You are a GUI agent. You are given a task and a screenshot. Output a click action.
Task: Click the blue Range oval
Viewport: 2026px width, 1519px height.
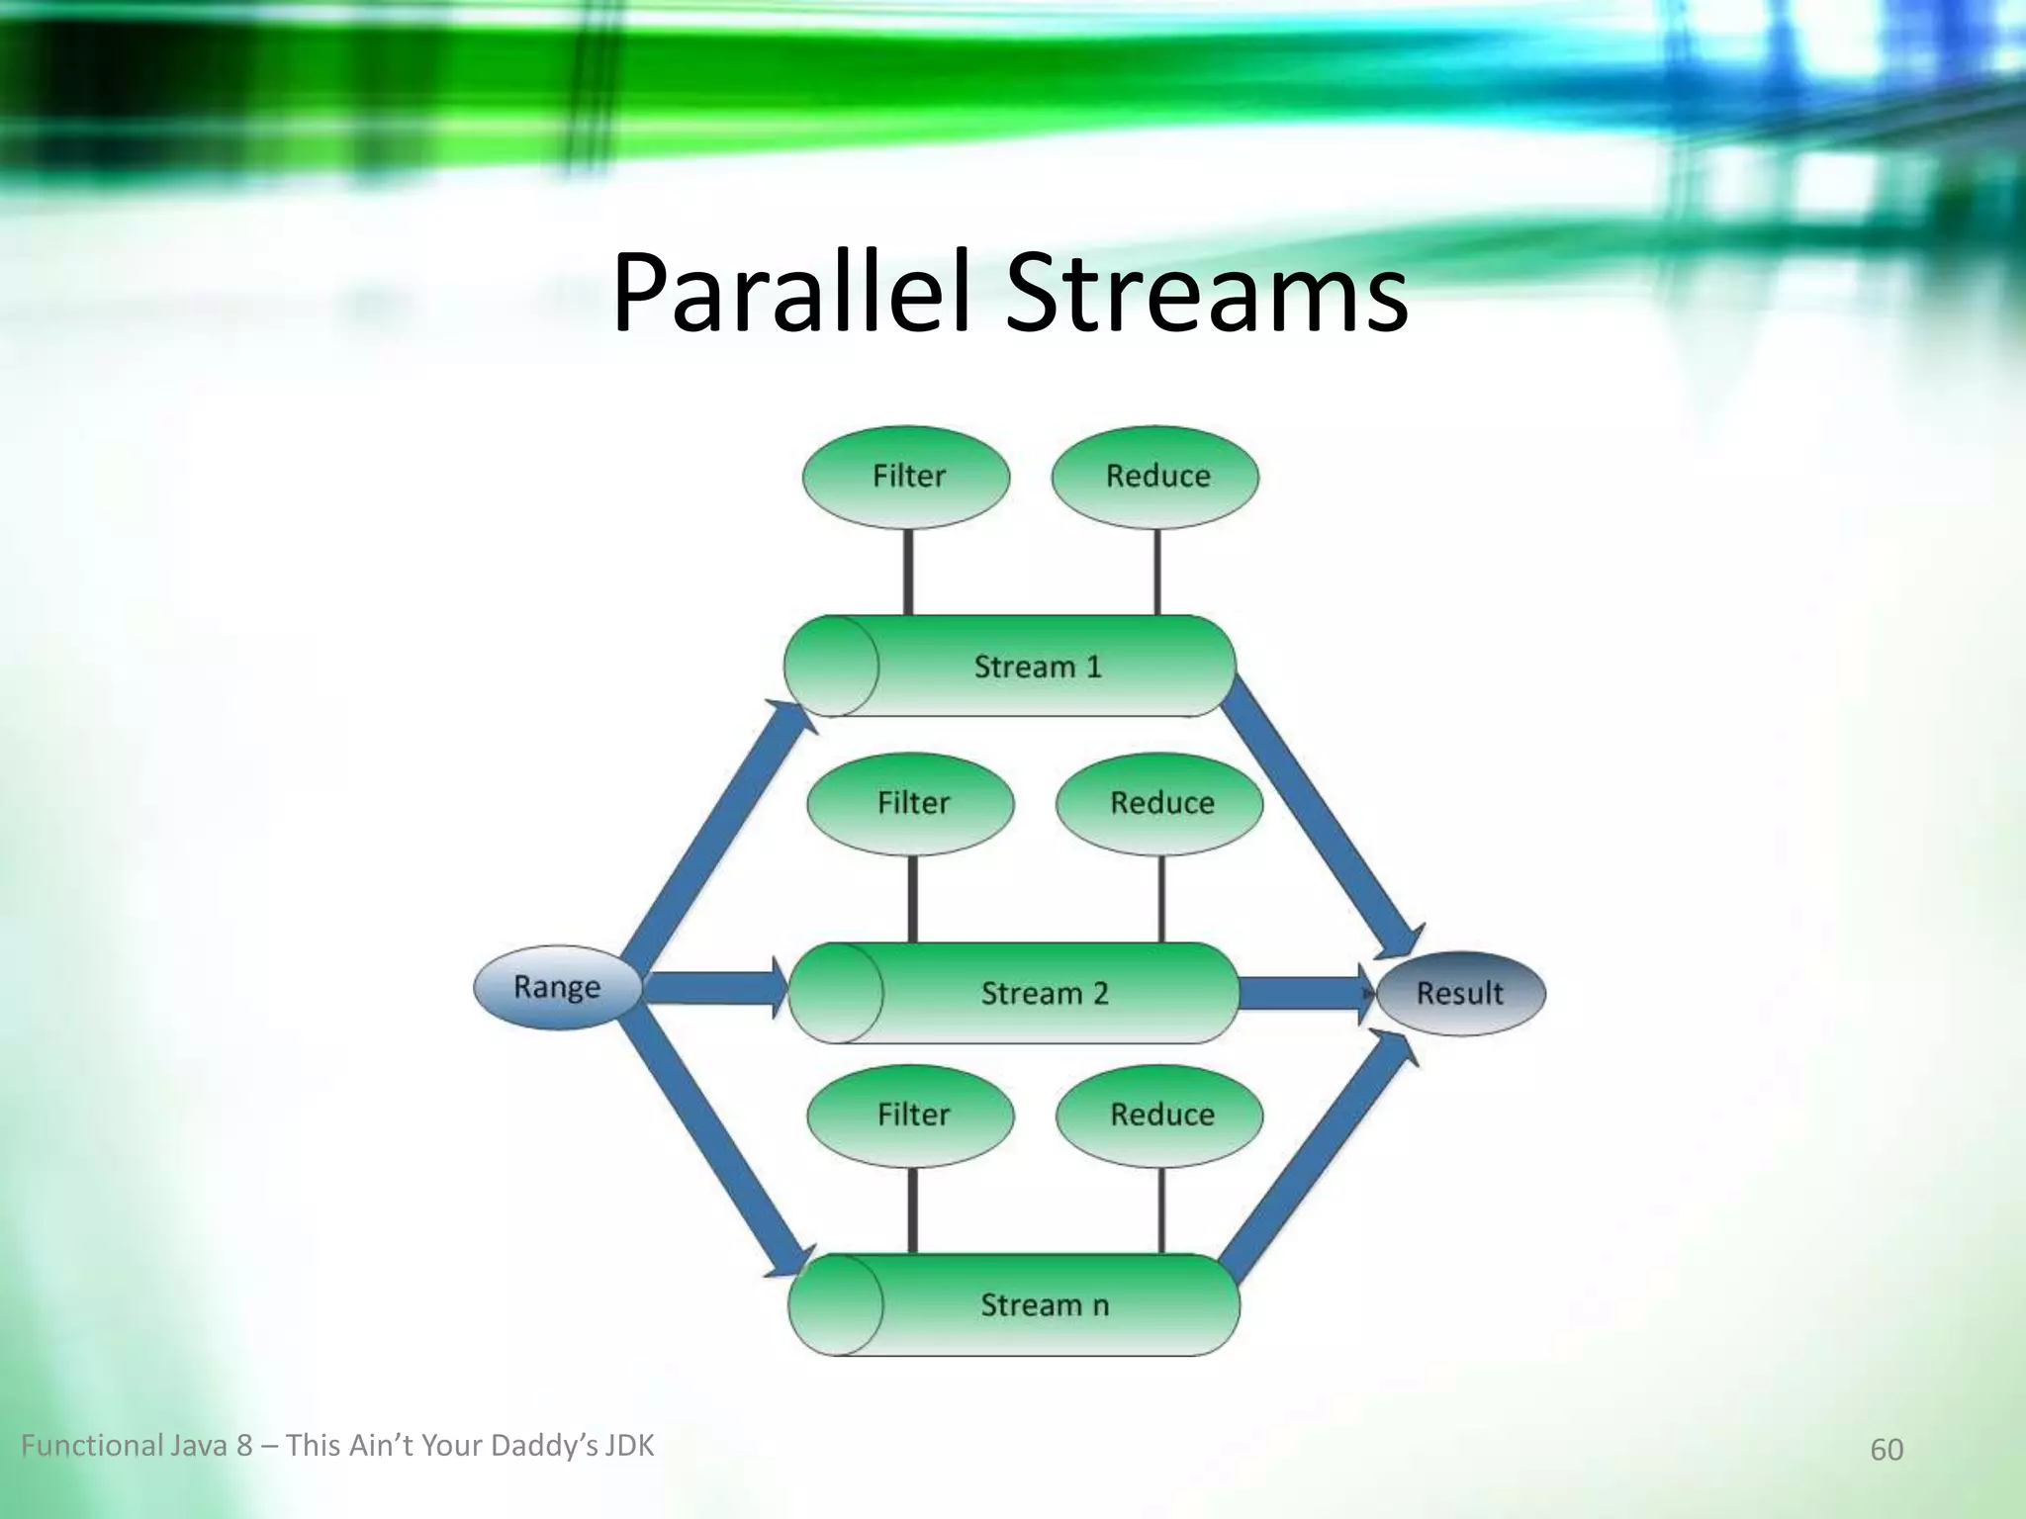pyautogui.click(x=557, y=987)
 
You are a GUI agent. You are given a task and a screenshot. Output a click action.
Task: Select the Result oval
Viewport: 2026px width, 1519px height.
pyautogui.click(x=1460, y=993)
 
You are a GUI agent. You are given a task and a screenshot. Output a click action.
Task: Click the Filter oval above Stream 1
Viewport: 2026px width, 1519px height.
pyautogui.click(x=907, y=477)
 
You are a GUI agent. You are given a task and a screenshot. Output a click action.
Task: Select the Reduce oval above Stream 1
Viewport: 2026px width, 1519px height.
pyautogui.click(x=1155, y=477)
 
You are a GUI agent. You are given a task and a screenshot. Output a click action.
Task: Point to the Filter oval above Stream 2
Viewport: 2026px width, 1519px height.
pyautogui.click(x=911, y=803)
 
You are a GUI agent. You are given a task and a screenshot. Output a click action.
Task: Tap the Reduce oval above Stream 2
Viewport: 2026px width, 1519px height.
pyautogui.click(x=1160, y=803)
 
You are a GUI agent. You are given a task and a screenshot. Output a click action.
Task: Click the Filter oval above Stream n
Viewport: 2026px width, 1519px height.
pyautogui.click(x=911, y=1116)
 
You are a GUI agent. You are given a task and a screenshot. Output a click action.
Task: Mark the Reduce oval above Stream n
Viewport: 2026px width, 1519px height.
pyautogui.click(x=1160, y=1116)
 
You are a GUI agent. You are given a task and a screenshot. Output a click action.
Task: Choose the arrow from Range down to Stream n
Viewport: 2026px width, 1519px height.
pyautogui.click(x=707, y=1147)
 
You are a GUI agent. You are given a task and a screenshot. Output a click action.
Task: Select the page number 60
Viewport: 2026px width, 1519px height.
pyautogui.click(x=1886, y=1450)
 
